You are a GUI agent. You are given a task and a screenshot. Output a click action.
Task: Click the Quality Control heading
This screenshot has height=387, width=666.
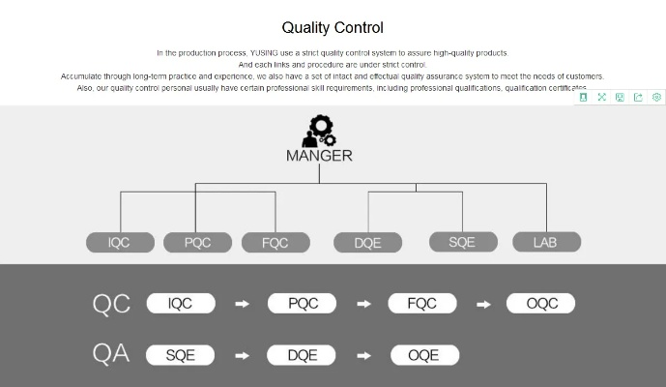point(333,28)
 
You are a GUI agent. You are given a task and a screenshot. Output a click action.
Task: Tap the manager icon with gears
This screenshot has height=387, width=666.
point(319,131)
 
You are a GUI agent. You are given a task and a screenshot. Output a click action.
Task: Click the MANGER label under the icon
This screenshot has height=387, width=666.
point(319,155)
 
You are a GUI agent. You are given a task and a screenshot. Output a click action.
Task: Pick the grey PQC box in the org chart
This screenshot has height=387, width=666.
point(197,242)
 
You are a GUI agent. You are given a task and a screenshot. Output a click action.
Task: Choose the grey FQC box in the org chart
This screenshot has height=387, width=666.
point(275,242)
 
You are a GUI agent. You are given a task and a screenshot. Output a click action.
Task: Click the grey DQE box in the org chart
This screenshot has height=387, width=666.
point(367,243)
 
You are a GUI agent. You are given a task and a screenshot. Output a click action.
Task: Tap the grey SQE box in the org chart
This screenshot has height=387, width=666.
point(462,242)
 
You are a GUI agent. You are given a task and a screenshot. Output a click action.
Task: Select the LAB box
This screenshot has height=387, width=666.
point(545,242)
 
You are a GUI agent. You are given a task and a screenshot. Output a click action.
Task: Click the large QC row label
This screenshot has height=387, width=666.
point(111,304)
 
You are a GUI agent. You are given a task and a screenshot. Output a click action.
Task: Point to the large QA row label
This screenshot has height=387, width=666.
point(111,354)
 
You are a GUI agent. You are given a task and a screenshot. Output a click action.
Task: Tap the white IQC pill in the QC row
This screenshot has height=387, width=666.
point(181,304)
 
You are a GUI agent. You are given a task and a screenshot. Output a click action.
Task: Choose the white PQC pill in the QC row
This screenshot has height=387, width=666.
point(303,304)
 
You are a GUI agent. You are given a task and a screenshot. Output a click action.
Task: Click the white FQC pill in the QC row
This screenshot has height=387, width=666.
point(422,304)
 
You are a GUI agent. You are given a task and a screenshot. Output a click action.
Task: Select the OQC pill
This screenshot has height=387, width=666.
point(540,304)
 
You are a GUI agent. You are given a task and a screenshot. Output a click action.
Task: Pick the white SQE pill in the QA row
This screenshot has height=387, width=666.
point(181,355)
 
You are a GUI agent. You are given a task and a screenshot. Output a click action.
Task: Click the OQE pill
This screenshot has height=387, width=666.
point(424,355)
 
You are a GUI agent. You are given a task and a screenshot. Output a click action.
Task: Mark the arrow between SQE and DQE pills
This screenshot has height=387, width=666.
point(243,355)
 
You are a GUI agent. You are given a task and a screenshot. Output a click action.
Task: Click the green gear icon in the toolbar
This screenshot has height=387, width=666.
point(656,97)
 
